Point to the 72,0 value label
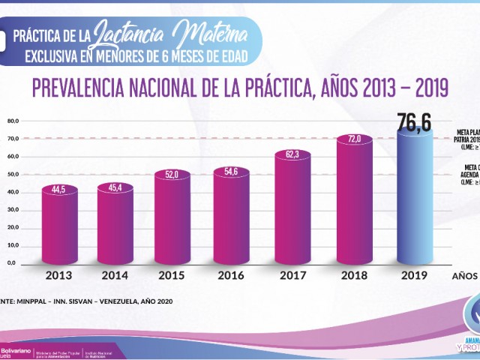tap(355, 139)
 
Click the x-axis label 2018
tap(355, 275)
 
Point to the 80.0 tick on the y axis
tap(12, 121)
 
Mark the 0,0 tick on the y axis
tap(12, 263)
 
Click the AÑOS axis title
tap(465, 275)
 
